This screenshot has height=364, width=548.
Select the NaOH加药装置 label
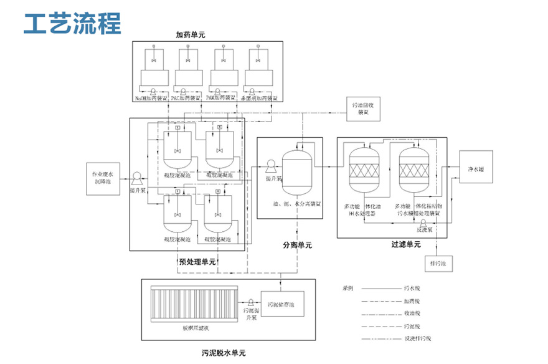[153, 98]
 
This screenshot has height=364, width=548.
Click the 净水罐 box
[476, 169]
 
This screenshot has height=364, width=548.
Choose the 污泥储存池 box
[285, 305]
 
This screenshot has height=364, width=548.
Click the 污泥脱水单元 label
[215, 353]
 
